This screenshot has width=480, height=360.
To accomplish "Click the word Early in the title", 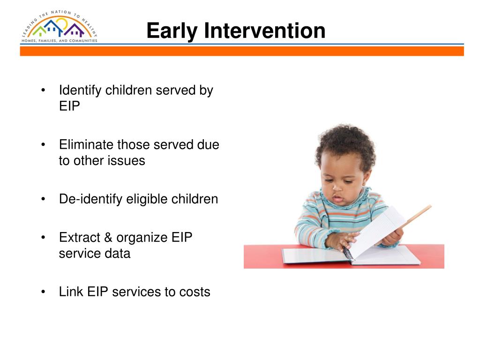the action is (x=172, y=31).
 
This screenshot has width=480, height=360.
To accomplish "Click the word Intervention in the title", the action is (x=265, y=30).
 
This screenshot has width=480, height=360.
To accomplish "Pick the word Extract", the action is (x=80, y=238).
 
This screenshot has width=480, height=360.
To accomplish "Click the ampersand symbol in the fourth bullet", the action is (x=108, y=238).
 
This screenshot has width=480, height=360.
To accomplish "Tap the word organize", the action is (x=142, y=238).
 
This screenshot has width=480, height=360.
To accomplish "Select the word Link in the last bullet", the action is (x=71, y=292).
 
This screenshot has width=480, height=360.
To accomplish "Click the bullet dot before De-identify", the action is (x=43, y=199).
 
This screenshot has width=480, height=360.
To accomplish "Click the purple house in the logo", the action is (x=74, y=30).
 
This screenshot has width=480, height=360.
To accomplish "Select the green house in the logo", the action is (x=39, y=31).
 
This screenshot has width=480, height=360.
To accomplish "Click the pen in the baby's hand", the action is (x=347, y=253).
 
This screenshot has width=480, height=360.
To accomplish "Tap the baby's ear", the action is (x=366, y=177).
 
